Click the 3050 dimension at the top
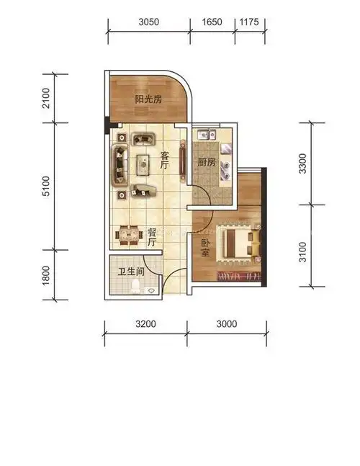[148, 22]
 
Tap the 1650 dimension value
[212, 22]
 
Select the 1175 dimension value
[249, 22]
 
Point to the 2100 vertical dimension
[46, 98]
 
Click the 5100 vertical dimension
[46, 187]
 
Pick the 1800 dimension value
[46, 275]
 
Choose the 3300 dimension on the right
[302, 163]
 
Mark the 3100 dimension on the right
[302, 252]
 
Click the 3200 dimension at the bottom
[145, 324]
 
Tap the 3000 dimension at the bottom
[227, 324]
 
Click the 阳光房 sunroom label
[148, 99]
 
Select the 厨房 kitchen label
[207, 162]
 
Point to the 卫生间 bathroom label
[131, 272]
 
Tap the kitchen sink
[207, 135]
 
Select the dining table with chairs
[129, 235]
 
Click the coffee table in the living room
[143, 165]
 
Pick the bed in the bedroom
[238, 244]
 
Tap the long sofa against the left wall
[120, 165]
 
